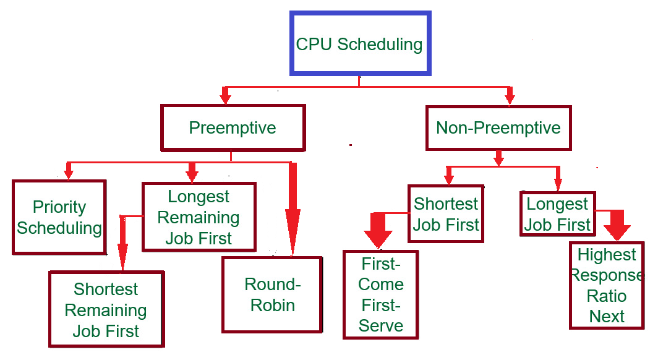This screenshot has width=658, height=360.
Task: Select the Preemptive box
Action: click(233, 128)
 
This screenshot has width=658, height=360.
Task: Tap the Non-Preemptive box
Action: click(498, 128)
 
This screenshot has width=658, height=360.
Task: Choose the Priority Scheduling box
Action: click(59, 217)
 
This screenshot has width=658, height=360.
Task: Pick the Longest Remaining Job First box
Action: click(199, 217)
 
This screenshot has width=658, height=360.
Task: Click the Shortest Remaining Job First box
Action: click(106, 309)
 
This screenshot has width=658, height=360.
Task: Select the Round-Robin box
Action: click(272, 294)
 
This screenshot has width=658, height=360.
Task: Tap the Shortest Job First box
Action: click(446, 214)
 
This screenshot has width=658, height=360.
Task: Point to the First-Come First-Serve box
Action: click(381, 294)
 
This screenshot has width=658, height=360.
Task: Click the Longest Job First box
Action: click(558, 214)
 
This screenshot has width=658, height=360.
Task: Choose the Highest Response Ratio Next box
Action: click(606, 286)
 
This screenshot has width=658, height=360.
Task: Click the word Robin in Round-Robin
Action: click(272, 305)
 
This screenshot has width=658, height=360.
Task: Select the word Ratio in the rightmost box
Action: click(606, 296)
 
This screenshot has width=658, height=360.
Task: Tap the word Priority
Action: click(59, 207)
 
